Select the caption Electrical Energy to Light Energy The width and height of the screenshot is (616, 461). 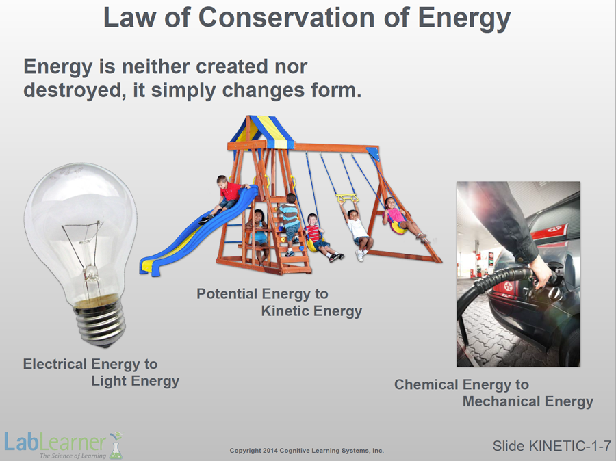[101, 372]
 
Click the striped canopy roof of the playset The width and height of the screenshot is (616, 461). [262, 131]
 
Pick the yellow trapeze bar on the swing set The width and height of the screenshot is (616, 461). [347, 198]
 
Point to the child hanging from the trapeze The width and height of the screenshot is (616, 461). [357, 229]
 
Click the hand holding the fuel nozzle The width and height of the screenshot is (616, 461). [542, 272]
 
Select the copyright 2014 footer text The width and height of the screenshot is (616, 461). [307, 450]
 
